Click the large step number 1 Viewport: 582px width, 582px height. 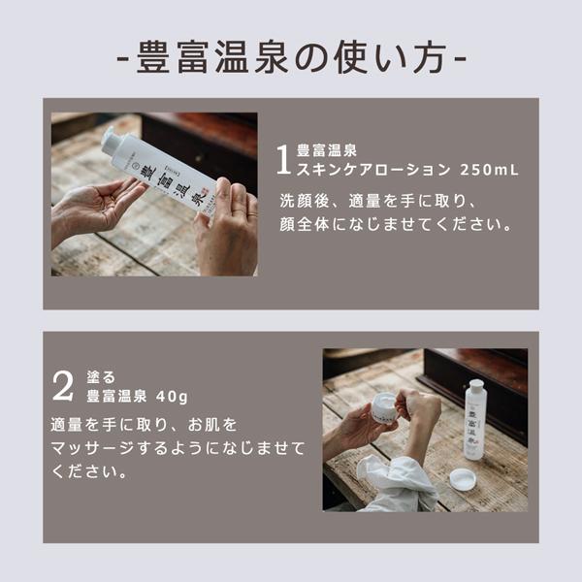click(x=283, y=160)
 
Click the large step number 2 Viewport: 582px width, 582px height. click(x=63, y=386)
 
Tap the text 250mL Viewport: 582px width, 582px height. click(x=489, y=170)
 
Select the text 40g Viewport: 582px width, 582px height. click(x=172, y=397)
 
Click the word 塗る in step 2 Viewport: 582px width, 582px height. click(x=101, y=377)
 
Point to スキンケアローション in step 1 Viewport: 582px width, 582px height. click(x=373, y=170)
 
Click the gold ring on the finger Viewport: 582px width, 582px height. click(x=251, y=214)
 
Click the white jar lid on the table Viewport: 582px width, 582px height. click(x=463, y=479)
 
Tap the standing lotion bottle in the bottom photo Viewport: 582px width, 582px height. click(x=478, y=420)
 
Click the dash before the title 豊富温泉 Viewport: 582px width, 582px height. click(x=123, y=59)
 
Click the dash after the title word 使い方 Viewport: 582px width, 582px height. click(x=460, y=59)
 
